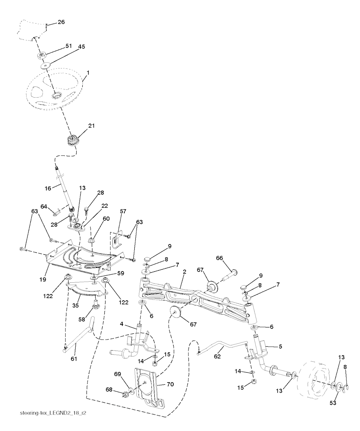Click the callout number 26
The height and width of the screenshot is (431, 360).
(61, 22)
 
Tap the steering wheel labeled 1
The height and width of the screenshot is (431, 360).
(54, 90)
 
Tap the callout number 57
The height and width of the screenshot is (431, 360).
(123, 211)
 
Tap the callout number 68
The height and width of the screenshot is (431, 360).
(109, 390)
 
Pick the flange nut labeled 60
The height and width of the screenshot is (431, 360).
(91, 241)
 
